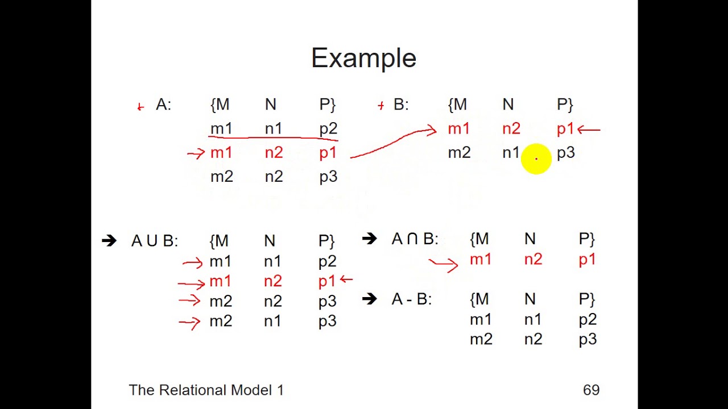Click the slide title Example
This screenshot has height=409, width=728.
363,59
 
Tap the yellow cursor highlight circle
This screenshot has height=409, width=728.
536,158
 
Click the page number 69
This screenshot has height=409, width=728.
591,390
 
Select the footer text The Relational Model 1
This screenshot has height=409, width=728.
206,390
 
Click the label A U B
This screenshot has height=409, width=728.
154,241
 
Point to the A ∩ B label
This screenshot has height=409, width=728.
415,239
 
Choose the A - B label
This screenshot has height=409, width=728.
412,299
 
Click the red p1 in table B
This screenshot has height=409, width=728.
565,130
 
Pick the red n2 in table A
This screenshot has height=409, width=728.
274,153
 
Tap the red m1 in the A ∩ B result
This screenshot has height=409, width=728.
481,260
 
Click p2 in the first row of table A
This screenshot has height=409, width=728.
328,129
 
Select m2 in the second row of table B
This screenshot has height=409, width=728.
459,153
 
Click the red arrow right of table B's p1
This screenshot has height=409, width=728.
589,130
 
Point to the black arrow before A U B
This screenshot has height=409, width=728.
109,241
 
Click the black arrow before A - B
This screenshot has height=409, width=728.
369,299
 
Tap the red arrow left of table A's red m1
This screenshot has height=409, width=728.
196,153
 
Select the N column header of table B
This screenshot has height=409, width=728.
508,105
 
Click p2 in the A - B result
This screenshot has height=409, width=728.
588,320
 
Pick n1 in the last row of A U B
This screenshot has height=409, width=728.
272,322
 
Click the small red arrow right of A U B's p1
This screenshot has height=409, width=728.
346,279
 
